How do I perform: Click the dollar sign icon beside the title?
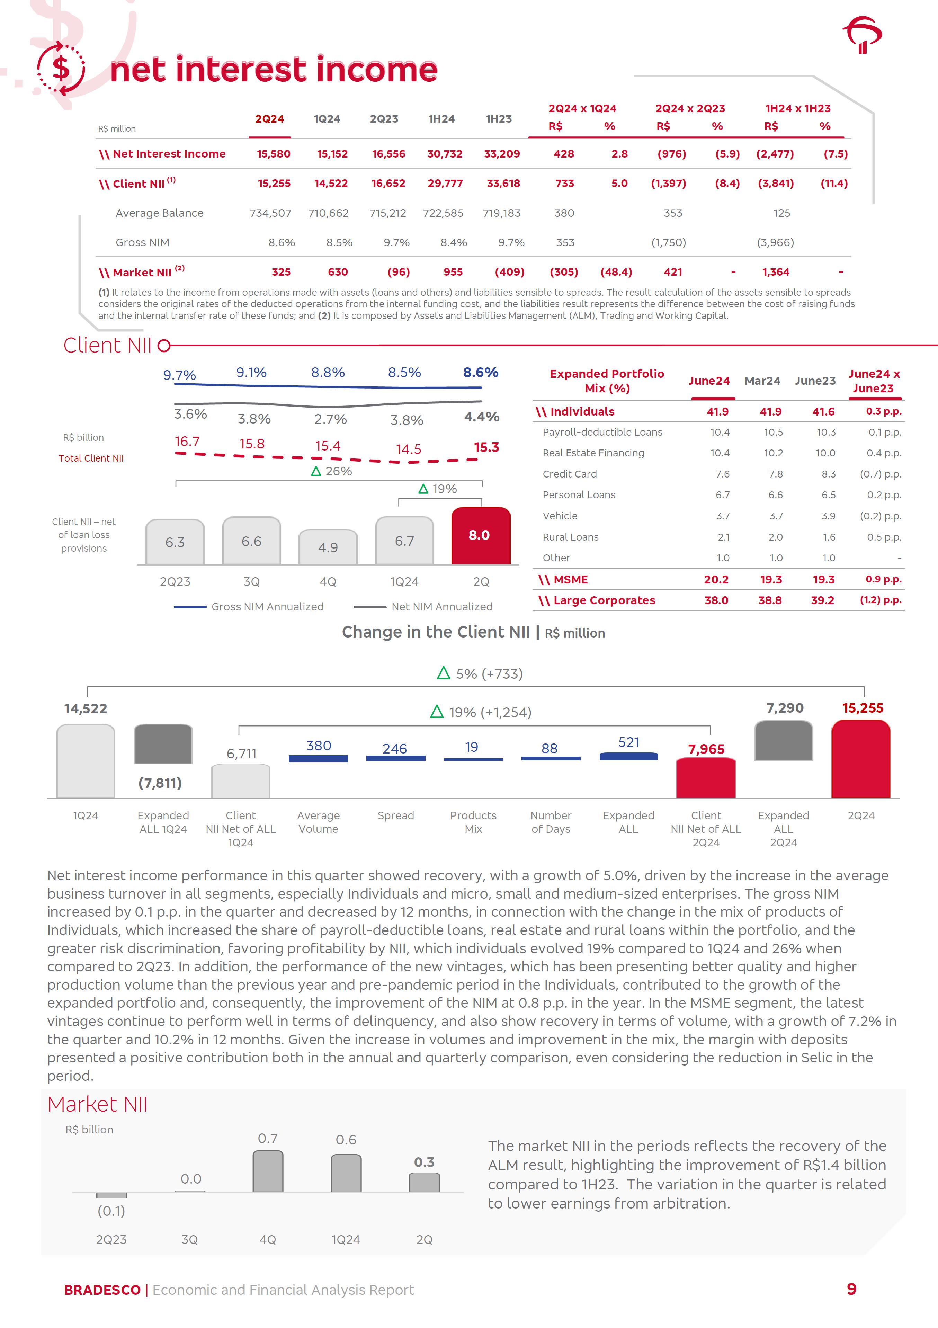click(61, 69)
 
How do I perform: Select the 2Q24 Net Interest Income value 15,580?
click(274, 154)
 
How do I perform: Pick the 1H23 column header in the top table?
click(499, 118)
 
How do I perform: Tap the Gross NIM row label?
click(142, 242)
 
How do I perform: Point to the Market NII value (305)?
click(564, 272)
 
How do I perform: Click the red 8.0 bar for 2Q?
click(481, 536)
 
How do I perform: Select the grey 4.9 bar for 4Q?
click(328, 547)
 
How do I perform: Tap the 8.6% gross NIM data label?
click(481, 373)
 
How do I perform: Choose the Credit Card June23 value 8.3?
click(829, 474)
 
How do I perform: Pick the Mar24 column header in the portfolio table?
click(762, 381)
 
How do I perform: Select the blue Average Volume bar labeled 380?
click(318, 758)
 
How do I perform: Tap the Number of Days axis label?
click(551, 822)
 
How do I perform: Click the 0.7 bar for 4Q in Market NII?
click(268, 1171)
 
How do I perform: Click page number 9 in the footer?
click(851, 1289)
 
